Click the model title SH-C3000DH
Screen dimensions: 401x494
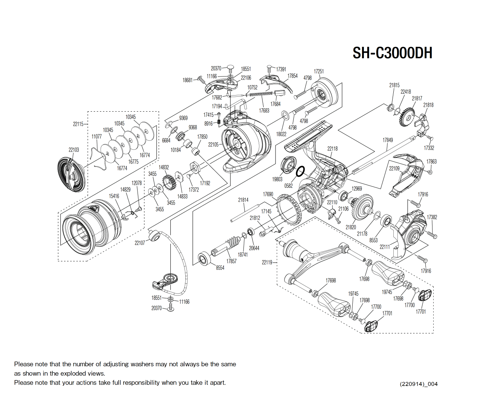click(392, 53)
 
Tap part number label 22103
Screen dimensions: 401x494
click(73, 150)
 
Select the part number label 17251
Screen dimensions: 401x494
click(318, 71)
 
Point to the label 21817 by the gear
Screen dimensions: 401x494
click(417, 99)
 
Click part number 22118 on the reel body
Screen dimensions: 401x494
click(332, 149)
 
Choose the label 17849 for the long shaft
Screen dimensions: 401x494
click(387, 140)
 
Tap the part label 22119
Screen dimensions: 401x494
click(267, 262)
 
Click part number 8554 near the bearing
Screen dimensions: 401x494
click(220, 268)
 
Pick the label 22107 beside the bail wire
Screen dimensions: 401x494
click(139, 243)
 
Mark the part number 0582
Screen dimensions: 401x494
click(288, 186)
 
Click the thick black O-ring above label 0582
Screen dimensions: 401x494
click(300, 171)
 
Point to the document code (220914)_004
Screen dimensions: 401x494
click(418, 384)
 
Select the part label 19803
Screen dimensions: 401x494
click(277, 179)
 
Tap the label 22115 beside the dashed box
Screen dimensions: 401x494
click(78, 124)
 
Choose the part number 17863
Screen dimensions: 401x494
click(431, 162)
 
